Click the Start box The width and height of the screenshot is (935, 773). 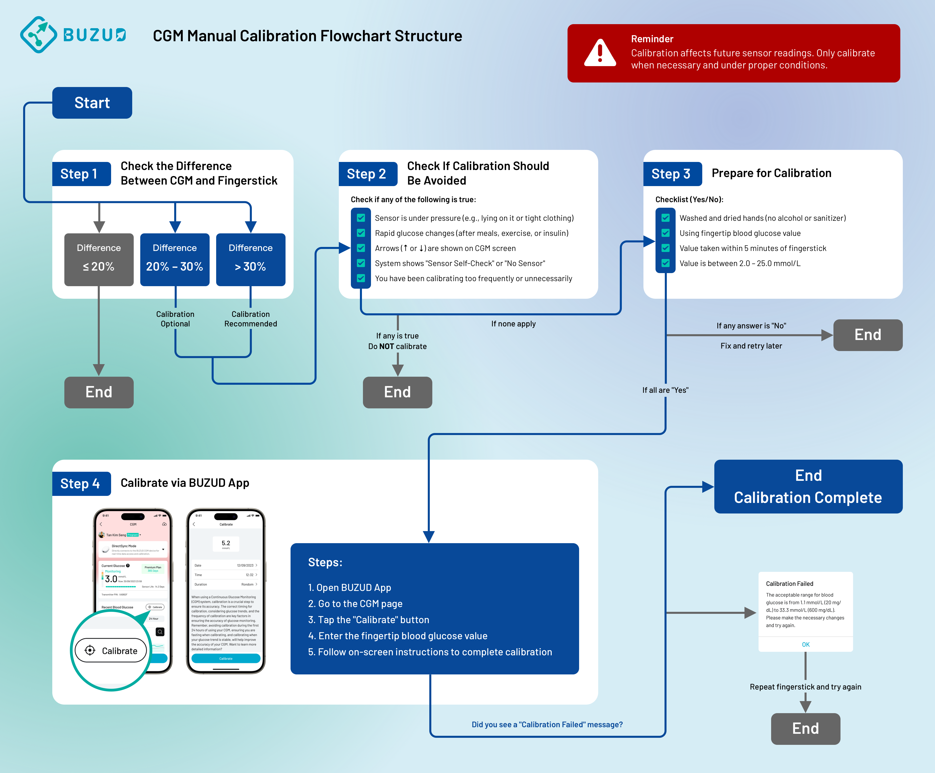tap(92, 103)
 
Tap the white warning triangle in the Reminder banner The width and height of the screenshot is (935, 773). tap(600, 53)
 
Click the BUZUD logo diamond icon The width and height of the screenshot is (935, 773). tap(38, 35)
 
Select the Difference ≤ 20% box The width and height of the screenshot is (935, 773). tap(99, 259)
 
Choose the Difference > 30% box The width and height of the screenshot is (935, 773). tap(251, 259)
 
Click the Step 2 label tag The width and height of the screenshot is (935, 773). tap(367, 174)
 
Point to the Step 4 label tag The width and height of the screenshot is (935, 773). tap(80, 484)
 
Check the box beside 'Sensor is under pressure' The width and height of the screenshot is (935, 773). tap(361, 218)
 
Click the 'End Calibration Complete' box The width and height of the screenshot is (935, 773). tap(808, 486)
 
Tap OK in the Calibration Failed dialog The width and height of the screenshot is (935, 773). tap(806, 644)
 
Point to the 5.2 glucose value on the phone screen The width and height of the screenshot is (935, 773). tap(226, 543)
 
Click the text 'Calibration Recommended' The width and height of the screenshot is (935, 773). tap(251, 319)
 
